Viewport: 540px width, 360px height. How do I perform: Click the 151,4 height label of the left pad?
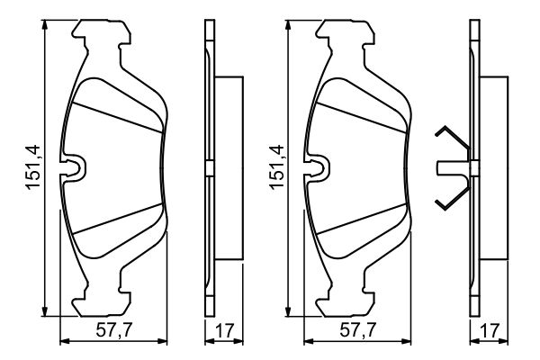tap(34, 167)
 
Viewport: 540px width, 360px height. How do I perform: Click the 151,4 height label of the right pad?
tap(277, 167)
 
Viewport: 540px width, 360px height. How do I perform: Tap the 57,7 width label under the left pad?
tap(114, 330)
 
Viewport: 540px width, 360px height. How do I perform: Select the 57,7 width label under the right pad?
tap(358, 330)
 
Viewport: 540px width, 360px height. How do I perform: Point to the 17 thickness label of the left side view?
tap(224, 330)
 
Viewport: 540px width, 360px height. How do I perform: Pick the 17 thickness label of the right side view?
tap(490, 330)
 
